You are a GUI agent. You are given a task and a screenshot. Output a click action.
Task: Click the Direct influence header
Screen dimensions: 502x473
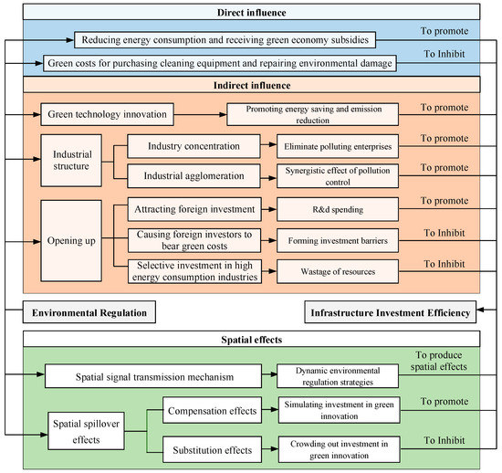tap(251, 12)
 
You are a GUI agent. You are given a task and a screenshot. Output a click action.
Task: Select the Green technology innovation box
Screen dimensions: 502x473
tap(108, 114)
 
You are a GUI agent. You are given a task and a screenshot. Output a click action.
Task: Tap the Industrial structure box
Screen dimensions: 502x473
tap(71, 161)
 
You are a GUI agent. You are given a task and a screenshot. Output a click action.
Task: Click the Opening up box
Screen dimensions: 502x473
tap(71, 241)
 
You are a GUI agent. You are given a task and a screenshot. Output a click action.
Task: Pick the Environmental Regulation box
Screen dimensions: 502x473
tap(89, 312)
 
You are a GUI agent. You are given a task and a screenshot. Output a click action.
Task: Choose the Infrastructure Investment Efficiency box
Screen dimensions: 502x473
tap(391, 312)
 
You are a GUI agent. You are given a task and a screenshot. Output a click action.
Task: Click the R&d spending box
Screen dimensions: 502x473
tap(338, 209)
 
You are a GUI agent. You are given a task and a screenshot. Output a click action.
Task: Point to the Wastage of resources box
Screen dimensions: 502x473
tap(338, 271)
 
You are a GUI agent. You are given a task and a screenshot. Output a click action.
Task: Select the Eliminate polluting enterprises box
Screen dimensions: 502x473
tap(338, 146)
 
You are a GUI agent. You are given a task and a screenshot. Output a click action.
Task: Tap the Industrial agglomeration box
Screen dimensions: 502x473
tap(193, 176)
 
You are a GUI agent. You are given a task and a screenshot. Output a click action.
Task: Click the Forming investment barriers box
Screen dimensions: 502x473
tap(338, 240)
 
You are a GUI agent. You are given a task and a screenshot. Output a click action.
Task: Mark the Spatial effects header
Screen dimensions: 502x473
tap(251, 339)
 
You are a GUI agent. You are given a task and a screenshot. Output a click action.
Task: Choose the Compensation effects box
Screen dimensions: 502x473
tap(212, 411)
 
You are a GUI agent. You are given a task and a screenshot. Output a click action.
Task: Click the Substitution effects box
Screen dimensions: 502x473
tap(212, 449)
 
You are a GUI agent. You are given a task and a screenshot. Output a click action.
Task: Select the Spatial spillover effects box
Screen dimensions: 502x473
tap(86, 431)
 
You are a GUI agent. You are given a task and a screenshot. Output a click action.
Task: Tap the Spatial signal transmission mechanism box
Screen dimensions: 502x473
tap(153, 376)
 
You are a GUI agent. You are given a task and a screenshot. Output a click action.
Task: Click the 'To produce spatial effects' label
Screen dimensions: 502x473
tap(439, 361)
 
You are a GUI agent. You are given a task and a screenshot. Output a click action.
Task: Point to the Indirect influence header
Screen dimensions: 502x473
tap(251, 85)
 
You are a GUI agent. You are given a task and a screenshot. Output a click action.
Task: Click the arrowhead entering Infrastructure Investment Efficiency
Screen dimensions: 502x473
tap(480, 310)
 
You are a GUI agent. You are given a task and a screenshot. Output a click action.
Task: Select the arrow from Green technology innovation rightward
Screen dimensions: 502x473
tap(200, 114)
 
